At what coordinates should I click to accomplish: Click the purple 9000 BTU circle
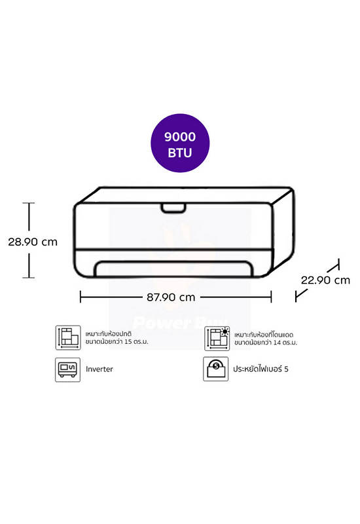click(x=180, y=143)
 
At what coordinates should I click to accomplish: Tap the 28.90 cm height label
click(x=33, y=242)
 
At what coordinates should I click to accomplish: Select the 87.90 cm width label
click(x=171, y=297)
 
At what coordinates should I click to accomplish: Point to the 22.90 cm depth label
click(x=325, y=280)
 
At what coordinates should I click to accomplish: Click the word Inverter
click(x=99, y=369)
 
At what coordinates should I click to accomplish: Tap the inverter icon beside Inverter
click(x=68, y=369)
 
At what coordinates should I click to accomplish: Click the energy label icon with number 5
click(x=216, y=369)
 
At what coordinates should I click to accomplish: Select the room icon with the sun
click(x=217, y=338)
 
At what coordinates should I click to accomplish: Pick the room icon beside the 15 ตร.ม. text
click(x=68, y=337)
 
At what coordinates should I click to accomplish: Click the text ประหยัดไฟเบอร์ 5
click(x=261, y=369)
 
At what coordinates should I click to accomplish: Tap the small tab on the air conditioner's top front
click(x=173, y=208)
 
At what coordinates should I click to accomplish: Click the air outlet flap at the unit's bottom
click(x=173, y=269)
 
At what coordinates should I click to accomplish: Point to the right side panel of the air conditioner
click(x=283, y=231)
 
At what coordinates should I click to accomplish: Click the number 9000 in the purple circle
click(x=180, y=137)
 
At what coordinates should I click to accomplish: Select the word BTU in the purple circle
click(x=180, y=153)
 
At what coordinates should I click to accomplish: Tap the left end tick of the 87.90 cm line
click(x=81, y=297)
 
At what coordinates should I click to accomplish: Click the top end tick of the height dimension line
click(x=29, y=203)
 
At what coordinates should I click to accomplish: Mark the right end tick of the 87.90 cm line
click(x=271, y=297)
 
